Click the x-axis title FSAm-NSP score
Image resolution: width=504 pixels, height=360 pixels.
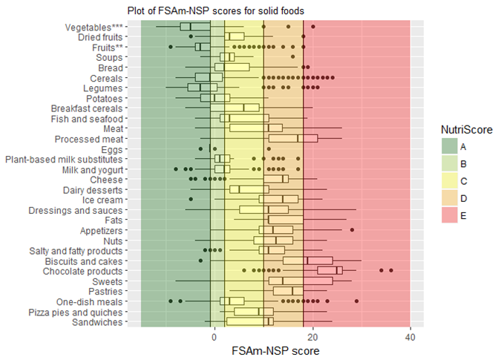274,349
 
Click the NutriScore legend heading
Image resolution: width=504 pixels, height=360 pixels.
465,128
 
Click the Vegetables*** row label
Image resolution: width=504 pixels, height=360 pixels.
94,27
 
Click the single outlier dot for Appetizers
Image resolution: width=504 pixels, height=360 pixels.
352,230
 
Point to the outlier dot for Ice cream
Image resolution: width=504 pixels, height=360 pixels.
191,199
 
